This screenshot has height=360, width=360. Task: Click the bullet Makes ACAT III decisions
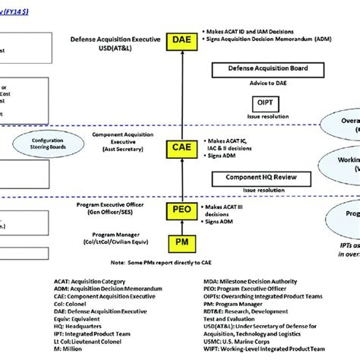[230, 207]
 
